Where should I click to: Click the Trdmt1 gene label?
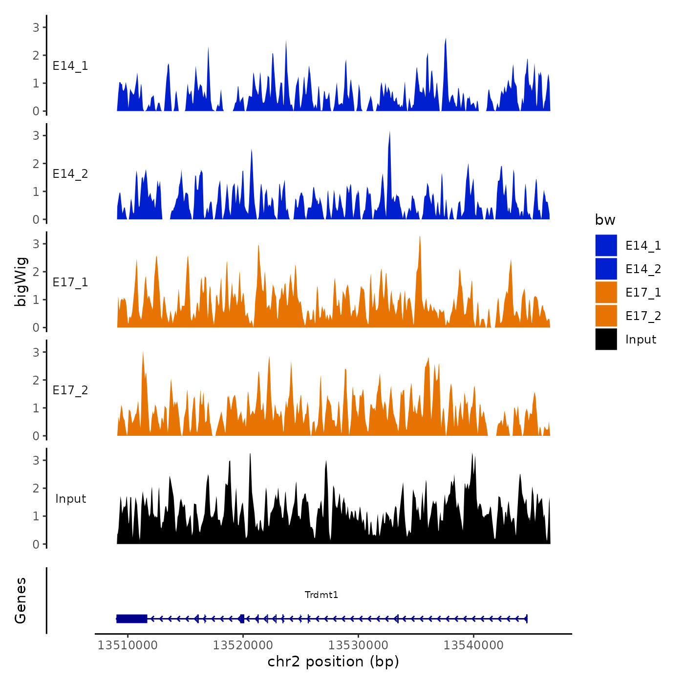coord(321,595)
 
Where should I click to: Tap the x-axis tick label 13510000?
coord(128,645)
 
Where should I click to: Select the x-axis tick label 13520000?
coord(243,645)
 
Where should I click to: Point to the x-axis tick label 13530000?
coord(358,645)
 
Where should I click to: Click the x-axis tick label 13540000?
coord(473,645)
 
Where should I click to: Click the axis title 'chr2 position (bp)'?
coord(333,662)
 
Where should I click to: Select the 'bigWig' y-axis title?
coord(21,282)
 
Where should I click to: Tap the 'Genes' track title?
coord(21,600)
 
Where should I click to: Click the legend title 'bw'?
coord(605,220)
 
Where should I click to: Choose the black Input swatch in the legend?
coord(606,339)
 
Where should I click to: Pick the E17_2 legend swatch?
coord(606,316)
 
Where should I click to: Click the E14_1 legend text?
coord(643,245)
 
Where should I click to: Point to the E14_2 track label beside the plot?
coord(70,174)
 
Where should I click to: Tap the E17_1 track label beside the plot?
coord(70,282)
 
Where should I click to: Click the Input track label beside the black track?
coord(70,499)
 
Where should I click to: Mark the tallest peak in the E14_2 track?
coord(389,133)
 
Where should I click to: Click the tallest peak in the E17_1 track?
coord(420,238)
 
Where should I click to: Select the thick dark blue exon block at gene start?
coord(132,619)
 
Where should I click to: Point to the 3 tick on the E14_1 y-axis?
coord(36,27)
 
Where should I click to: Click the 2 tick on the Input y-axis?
coord(36,488)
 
